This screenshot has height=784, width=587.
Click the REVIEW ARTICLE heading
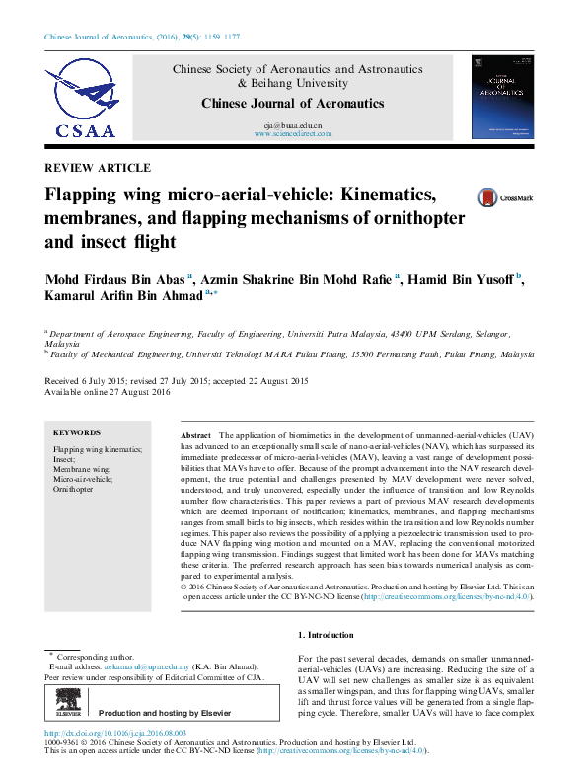click(x=99, y=168)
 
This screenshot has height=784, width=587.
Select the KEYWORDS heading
click(x=77, y=432)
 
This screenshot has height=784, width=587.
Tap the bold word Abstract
click(x=196, y=435)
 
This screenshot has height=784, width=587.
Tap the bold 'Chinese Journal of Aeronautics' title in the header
click(x=293, y=104)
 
